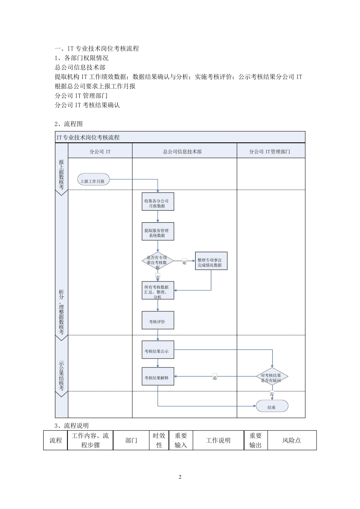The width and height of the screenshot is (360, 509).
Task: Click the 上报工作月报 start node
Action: click(93, 181)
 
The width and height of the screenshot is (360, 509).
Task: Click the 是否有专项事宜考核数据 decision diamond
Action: click(158, 261)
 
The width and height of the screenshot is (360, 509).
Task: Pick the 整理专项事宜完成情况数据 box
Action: click(211, 261)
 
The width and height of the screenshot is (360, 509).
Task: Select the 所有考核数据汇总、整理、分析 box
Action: click(158, 290)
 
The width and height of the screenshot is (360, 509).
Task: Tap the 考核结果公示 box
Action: click(158, 351)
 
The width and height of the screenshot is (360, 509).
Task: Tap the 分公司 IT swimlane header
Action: click(100, 151)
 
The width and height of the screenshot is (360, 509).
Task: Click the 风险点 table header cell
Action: click(291, 440)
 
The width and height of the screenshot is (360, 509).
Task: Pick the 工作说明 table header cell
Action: click(218, 440)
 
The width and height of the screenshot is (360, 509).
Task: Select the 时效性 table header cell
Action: click(159, 440)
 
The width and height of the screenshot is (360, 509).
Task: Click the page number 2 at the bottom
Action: click(180, 477)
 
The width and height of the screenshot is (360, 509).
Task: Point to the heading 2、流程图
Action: click(69, 124)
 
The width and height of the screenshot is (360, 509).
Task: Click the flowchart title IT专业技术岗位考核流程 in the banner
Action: click(88, 137)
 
